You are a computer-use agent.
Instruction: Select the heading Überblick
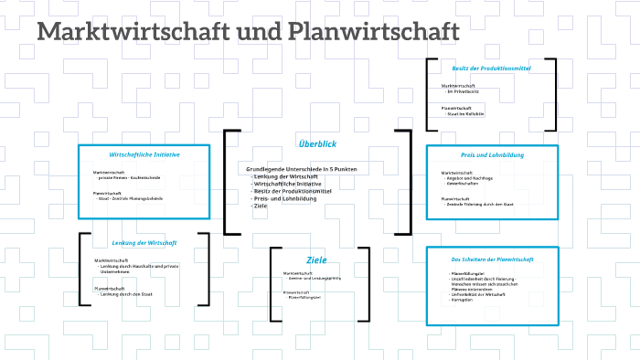coord(317,143)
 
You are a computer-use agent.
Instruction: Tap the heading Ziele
coord(316,259)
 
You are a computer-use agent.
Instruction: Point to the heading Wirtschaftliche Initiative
coord(144,154)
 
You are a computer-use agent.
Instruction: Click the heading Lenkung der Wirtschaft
coord(144,243)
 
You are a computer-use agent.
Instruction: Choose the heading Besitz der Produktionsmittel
coord(491,68)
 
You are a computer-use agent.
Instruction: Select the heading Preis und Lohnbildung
coord(492,155)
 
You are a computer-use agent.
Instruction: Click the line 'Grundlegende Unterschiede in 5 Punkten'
coord(302,169)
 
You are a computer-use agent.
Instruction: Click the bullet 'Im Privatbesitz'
coord(464,91)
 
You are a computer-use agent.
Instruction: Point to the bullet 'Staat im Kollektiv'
coord(465,113)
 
